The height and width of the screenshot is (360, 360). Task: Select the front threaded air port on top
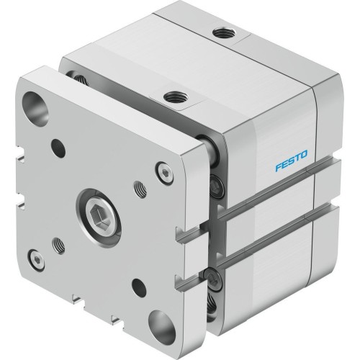click(172, 96)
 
